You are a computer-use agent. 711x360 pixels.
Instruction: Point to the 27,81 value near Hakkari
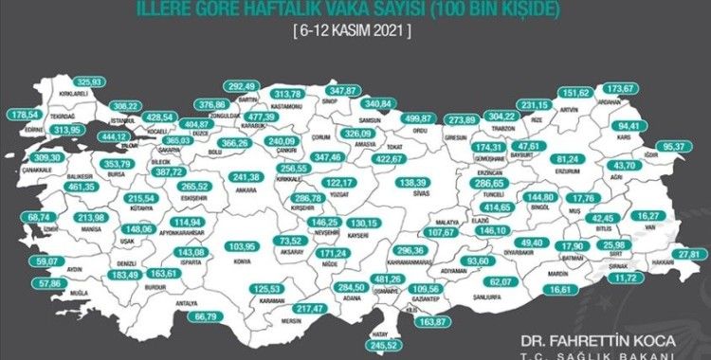click(695, 254)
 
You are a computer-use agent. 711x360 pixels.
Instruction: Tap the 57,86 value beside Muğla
click(44, 283)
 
